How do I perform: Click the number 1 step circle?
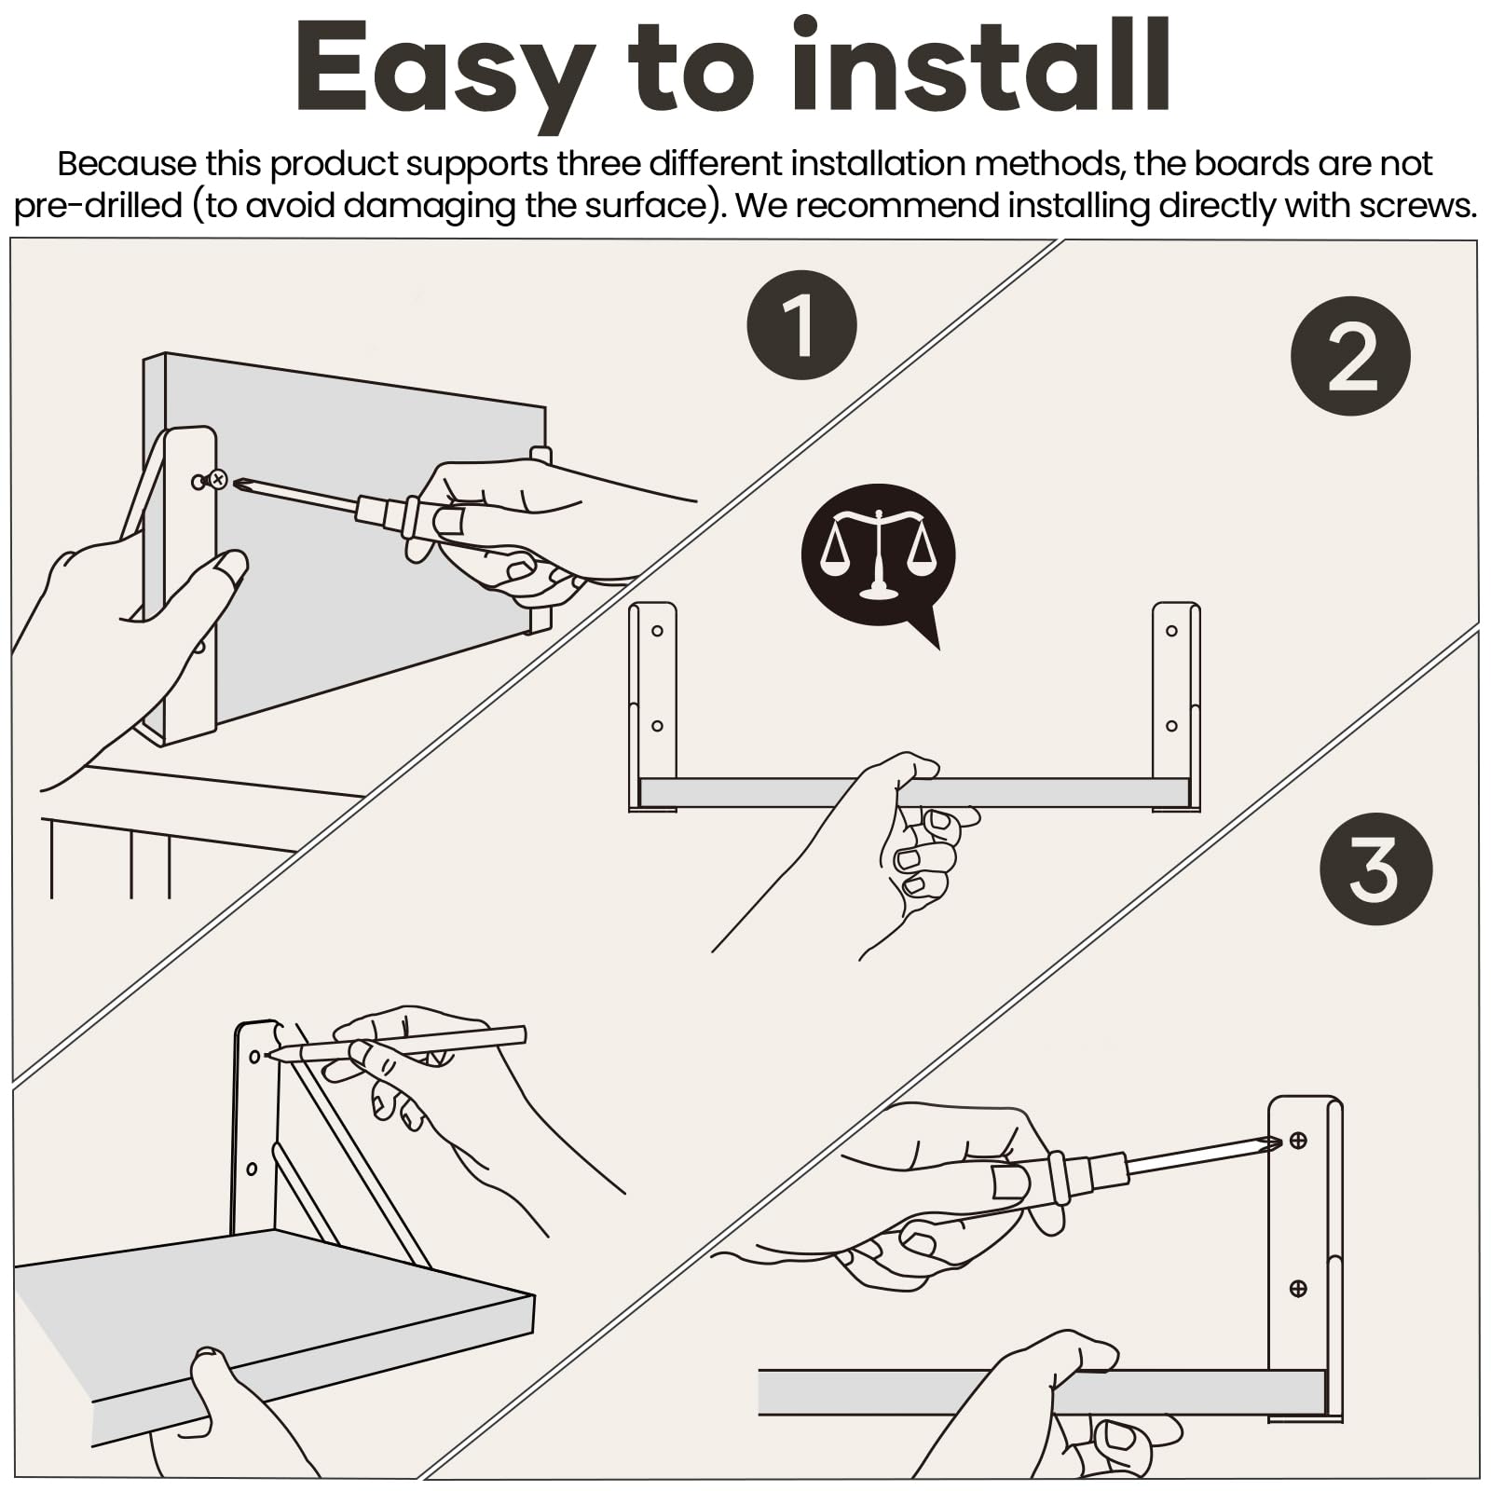[801, 324]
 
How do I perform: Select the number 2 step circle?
[1350, 356]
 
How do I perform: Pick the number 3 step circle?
[1375, 869]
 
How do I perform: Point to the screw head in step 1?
[218, 480]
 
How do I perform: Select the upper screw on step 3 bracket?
[1297, 1140]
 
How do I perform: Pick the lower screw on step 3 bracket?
[1297, 1289]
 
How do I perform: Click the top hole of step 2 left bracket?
[657, 631]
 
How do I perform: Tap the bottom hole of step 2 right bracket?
[1171, 726]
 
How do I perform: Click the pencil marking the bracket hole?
[396, 1045]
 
